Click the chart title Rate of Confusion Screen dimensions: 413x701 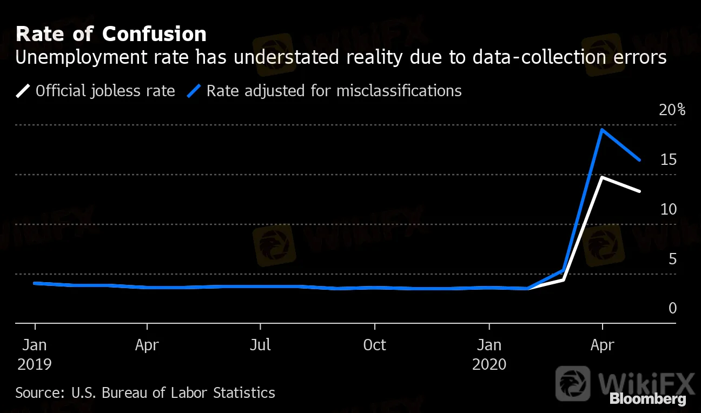[x=111, y=34]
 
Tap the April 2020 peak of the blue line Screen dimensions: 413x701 [x=602, y=130]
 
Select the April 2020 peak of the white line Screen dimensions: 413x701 [x=602, y=177]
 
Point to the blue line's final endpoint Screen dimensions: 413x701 [x=640, y=160]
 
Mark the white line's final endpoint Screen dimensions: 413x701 [x=640, y=191]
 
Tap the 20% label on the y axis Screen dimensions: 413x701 [x=672, y=110]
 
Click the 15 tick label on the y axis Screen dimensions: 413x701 [x=669, y=159]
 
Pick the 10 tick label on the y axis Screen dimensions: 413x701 [x=669, y=209]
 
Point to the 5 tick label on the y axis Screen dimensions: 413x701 [x=672, y=259]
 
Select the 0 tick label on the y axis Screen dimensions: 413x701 [x=672, y=308]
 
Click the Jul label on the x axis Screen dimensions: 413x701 [x=261, y=345]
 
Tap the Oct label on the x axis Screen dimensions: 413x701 [x=374, y=345]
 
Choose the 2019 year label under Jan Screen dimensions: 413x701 [x=34, y=364]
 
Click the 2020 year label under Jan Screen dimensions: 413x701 [x=489, y=364]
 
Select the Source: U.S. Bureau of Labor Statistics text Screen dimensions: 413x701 [x=145, y=392]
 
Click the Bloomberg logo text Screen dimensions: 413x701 [x=647, y=399]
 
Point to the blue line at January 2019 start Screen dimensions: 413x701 [x=35, y=283]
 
